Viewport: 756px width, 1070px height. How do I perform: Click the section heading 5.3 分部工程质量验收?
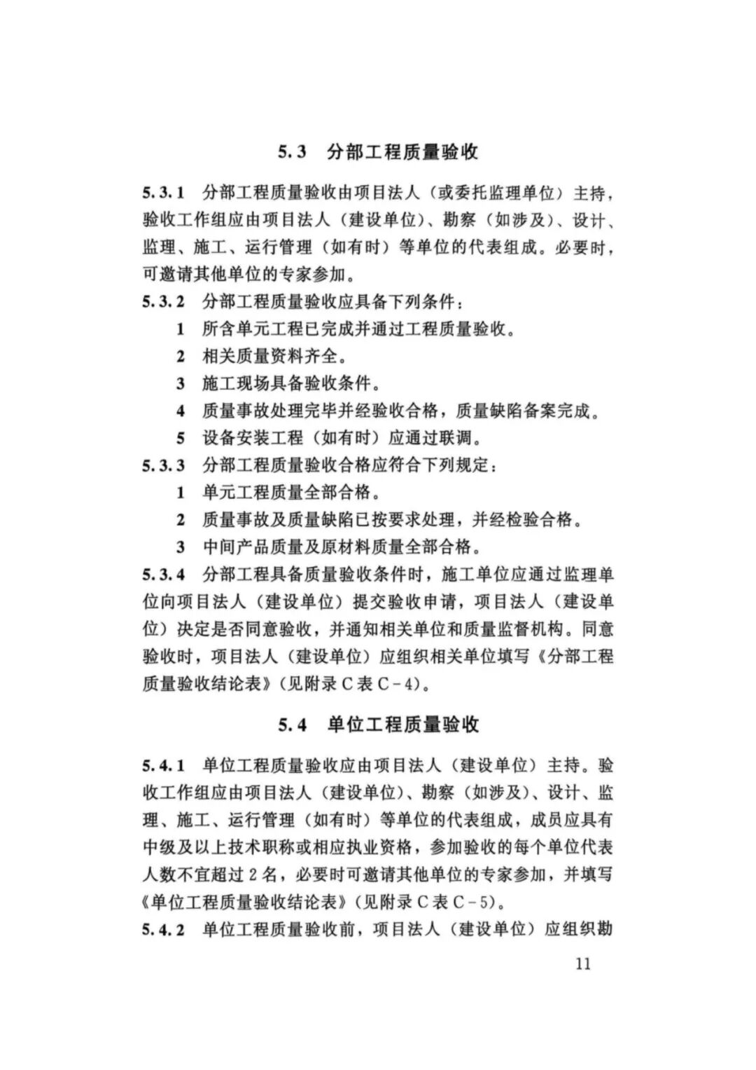click(x=378, y=151)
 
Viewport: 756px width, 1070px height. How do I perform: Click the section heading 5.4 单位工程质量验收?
click(x=378, y=724)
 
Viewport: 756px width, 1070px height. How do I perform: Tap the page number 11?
click(x=582, y=963)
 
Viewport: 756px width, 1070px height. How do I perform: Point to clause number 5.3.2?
click(x=163, y=302)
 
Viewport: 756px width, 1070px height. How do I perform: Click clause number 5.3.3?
click(x=163, y=465)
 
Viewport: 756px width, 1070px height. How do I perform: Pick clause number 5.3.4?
click(x=163, y=575)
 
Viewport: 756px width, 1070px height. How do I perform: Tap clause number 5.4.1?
click(x=163, y=764)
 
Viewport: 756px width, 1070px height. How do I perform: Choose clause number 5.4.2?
click(x=163, y=930)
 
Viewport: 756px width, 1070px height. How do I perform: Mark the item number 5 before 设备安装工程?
click(x=181, y=439)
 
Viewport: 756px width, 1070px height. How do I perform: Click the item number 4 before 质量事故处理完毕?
click(x=181, y=411)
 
